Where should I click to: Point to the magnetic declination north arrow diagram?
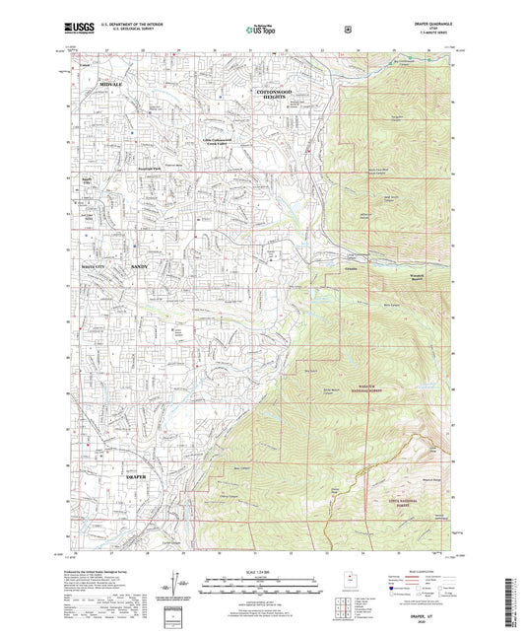(x=183, y=587)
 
